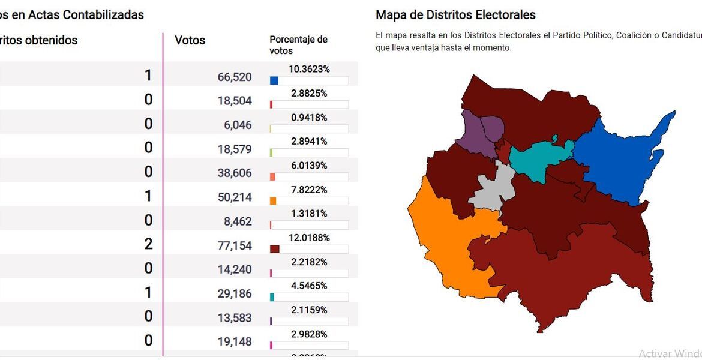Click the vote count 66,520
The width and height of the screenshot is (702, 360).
[235, 77]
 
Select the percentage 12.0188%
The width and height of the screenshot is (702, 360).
[309, 238]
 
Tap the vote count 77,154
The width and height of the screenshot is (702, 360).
[235, 245]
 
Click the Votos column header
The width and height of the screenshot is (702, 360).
[190, 41]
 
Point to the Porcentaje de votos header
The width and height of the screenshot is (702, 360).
[298, 45]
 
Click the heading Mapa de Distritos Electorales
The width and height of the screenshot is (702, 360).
[455, 15]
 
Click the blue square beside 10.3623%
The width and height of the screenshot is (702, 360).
[274, 80]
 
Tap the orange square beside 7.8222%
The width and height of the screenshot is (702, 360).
[273, 201]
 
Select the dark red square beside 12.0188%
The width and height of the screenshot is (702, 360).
[275, 249]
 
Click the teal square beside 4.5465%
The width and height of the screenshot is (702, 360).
[272, 297]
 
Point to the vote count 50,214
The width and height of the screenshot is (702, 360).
[235, 197]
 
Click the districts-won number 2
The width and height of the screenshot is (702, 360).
[148, 244]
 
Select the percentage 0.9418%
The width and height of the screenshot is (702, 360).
[309, 118]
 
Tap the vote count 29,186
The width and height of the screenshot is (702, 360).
[235, 293]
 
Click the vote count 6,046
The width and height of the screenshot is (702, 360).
[238, 125]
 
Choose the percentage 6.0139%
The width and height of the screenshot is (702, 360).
[309, 166]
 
